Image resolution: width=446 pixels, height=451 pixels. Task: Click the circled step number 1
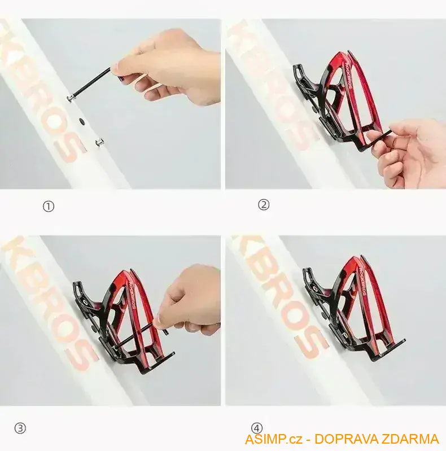click(x=49, y=207)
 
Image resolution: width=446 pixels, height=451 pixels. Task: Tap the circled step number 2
click(x=264, y=205)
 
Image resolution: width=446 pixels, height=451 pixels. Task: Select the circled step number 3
click(x=20, y=428)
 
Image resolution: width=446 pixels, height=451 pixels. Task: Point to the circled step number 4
click(x=257, y=428)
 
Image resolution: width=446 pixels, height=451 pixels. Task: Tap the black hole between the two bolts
click(x=83, y=120)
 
